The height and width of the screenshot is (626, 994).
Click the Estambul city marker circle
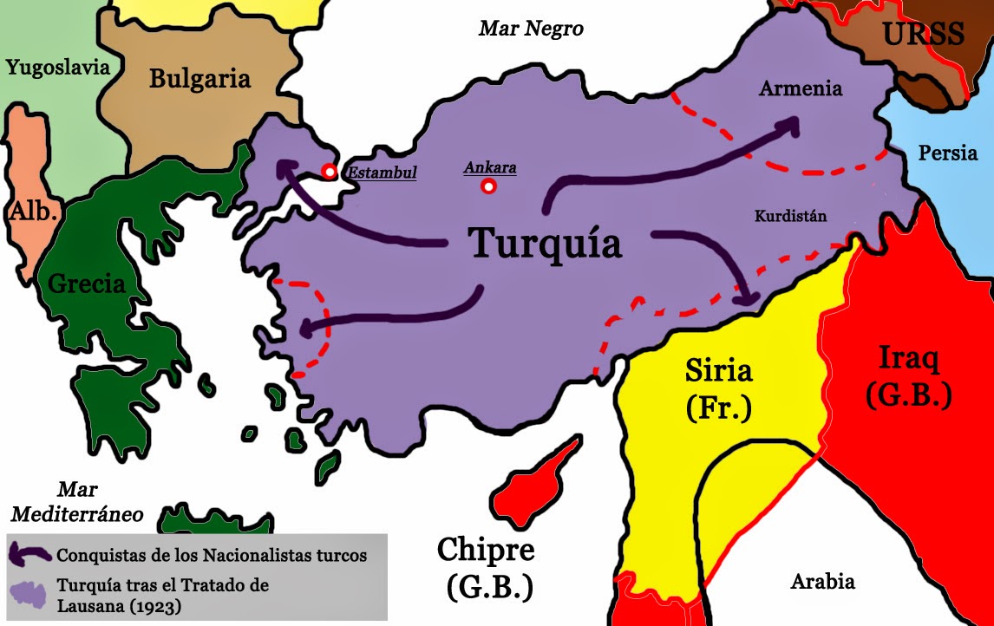(x=330, y=172)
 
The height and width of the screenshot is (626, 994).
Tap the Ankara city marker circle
(x=489, y=186)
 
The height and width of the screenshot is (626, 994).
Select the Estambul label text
(x=382, y=172)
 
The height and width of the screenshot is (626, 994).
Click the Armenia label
(x=800, y=88)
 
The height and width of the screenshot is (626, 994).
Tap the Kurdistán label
(x=790, y=217)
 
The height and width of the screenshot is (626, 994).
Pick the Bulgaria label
(x=199, y=79)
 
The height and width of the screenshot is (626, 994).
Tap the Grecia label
(x=87, y=284)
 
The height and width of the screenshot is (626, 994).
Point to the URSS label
(x=923, y=35)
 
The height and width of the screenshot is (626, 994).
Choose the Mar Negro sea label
(x=531, y=29)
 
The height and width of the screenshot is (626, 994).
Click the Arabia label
(x=822, y=582)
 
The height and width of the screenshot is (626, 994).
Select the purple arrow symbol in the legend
(x=29, y=552)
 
